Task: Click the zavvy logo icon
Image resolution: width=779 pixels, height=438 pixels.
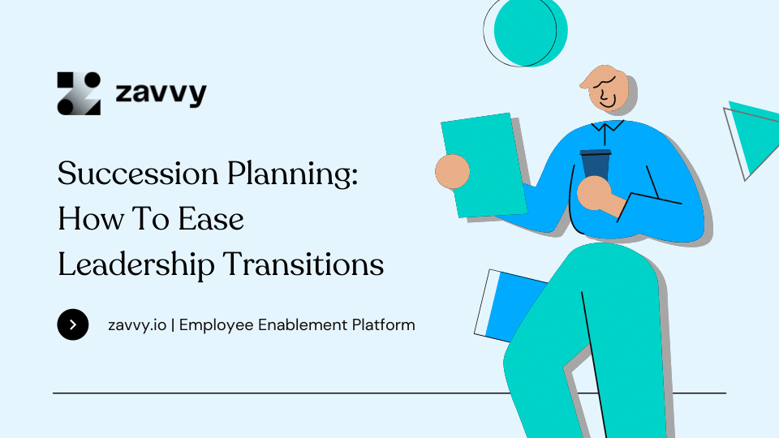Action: pos(79,93)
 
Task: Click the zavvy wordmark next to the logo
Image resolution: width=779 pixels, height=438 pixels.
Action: pos(161,92)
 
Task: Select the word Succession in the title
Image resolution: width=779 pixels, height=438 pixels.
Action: pos(138,174)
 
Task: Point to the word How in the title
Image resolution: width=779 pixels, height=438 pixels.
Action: pos(90,218)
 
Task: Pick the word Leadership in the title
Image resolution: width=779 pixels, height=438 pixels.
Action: pos(136,264)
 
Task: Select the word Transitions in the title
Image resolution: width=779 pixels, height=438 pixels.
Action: pos(303,264)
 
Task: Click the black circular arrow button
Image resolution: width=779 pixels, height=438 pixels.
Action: pos(73,324)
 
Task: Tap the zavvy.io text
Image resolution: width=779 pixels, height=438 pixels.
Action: pos(137,325)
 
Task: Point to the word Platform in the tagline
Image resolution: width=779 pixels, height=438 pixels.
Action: pos(384,324)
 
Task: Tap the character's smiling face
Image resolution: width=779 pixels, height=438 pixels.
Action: pos(605,88)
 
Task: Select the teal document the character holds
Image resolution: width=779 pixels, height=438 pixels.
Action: pos(484,165)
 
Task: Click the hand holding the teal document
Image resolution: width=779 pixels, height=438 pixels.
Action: pos(453,172)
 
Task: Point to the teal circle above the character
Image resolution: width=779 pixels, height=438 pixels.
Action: pos(531,32)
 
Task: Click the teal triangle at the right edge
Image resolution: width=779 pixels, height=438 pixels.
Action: pos(755,134)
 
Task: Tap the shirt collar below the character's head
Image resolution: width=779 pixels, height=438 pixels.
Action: pos(607,127)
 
